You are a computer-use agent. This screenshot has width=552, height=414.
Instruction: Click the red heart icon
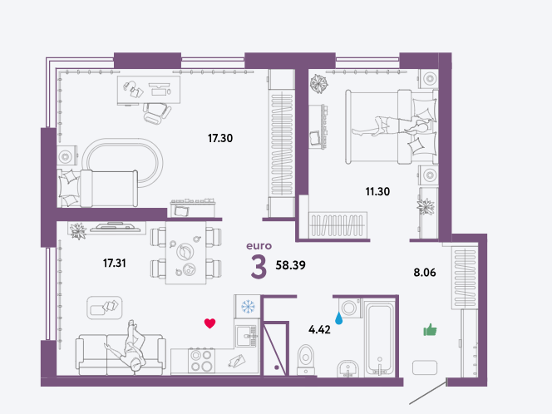click(209, 323)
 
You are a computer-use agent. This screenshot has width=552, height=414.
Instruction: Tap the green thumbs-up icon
click(430, 330)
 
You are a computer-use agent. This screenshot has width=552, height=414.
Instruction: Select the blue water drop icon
click(338, 318)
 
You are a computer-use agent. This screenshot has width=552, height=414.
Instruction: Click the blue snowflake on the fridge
click(248, 306)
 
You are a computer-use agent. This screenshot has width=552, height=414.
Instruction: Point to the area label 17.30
click(220, 138)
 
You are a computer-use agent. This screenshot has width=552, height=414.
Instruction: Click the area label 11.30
click(377, 191)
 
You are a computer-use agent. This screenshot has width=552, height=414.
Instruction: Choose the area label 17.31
click(115, 263)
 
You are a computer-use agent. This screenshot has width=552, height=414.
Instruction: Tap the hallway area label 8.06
click(425, 273)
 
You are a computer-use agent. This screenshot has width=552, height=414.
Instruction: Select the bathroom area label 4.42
click(319, 329)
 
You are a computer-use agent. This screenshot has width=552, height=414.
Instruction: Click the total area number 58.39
click(290, 265)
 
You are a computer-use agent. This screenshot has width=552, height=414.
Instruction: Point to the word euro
click(259, 246)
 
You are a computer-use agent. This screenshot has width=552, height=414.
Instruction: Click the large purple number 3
click(259, 267)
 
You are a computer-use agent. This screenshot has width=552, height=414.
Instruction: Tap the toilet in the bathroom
click(306, 359)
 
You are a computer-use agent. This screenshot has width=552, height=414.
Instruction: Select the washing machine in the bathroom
click(350, 308)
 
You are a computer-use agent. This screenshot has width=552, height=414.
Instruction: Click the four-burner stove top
click(202, 360)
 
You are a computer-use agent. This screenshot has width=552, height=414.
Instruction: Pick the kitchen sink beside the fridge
click(247, 336)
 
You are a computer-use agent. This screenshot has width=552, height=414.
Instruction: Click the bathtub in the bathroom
click(379, 338)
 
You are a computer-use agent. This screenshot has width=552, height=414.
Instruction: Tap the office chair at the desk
click(156, 113)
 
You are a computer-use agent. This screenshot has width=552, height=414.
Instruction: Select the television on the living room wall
click(116, 227)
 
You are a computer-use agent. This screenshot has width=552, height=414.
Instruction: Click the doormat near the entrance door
click(425, 367)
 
